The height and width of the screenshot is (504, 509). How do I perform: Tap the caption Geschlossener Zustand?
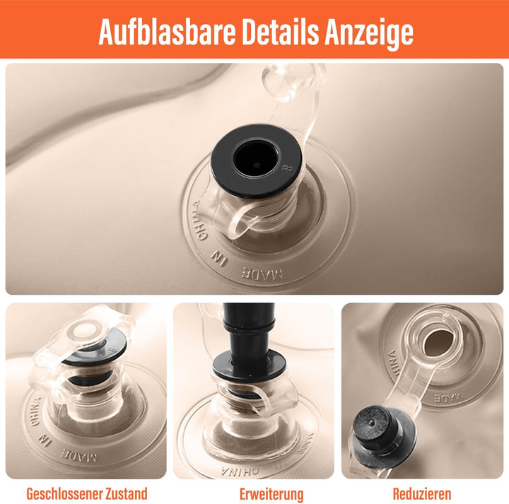87,493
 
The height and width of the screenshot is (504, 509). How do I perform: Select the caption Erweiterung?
271,493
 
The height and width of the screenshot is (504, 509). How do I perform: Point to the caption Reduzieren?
422,493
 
